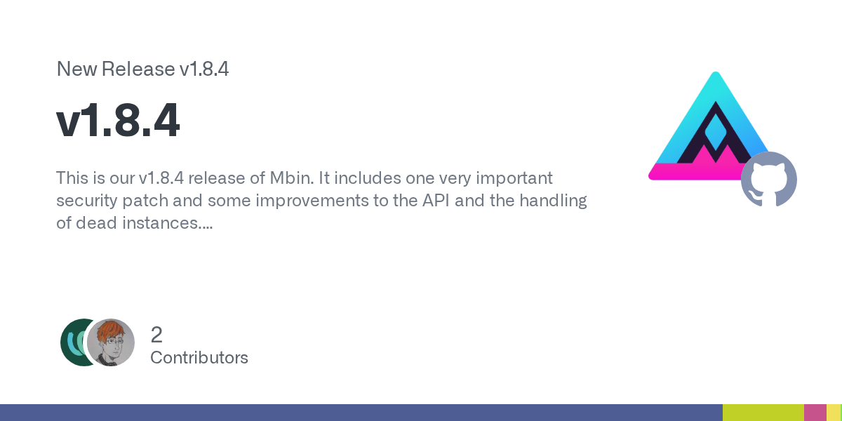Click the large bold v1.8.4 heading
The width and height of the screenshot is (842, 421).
(x=118, y=121)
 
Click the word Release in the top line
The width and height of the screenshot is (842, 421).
(x=138, y=69)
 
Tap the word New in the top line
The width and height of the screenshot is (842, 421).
(x=76, y=69)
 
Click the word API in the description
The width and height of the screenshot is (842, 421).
(x=436, y=201)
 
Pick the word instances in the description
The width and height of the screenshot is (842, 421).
(x=167, y=223)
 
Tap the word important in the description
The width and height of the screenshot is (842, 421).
(x=514, y=178)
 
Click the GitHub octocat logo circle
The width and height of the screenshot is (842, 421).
(x=769, y=179)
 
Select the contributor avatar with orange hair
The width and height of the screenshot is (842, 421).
(x=111, y=342)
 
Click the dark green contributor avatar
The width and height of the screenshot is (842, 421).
(x=74, y=342)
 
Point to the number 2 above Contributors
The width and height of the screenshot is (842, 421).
(x=156, y=335)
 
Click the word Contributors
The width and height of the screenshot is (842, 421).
(x=199, y=358)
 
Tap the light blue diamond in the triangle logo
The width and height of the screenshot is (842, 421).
(x=715, y=133)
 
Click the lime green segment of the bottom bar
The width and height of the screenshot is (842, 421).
(x=763, y=413)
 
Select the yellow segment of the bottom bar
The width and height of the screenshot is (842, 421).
(x=834, y=413)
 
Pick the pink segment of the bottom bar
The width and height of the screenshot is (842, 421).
(x=815, y=413)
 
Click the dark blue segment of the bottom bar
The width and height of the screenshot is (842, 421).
(x=361, y=413)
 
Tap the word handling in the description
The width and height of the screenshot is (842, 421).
(x=553, y=201)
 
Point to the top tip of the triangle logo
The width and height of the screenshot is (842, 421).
(x=716, y=72)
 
